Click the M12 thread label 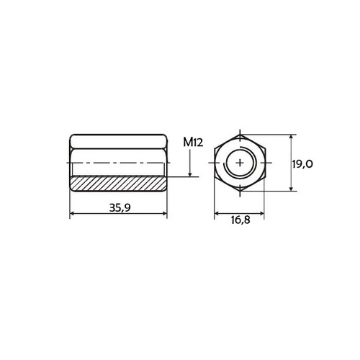[x=193, y=142]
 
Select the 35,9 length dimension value [x=120, y=207]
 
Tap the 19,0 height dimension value [x=302, y=164]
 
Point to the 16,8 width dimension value [x=240, y=220]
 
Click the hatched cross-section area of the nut [x=118, y=184]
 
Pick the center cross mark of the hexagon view [x=240, y=163]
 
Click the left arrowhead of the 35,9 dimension [x=73, y=213]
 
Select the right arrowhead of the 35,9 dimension [x=164, y=213]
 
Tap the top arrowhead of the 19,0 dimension [x=291, y=138]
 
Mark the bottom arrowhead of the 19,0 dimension [x=291, y=189]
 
